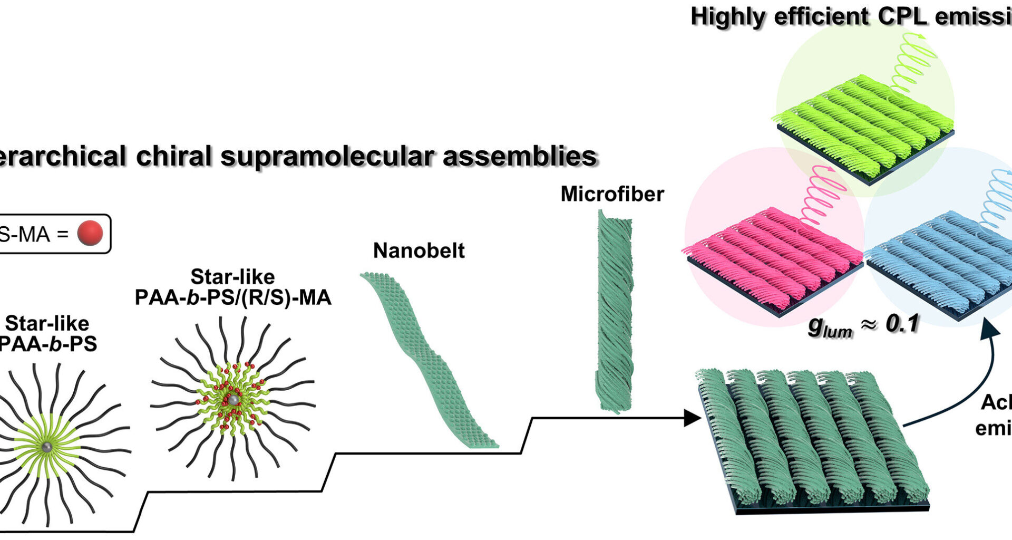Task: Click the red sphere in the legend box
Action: (x=90, y=234)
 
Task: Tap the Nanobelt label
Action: (x=419, y=250)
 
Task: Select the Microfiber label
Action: (x=612, y=194)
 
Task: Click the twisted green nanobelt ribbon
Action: (x=427, y=359)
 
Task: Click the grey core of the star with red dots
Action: (x=232, y=400)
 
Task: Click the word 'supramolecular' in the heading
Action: (x=327, y=157)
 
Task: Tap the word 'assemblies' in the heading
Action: (x=520, y=157)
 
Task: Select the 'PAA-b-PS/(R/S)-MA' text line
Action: (x=233, y=298)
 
